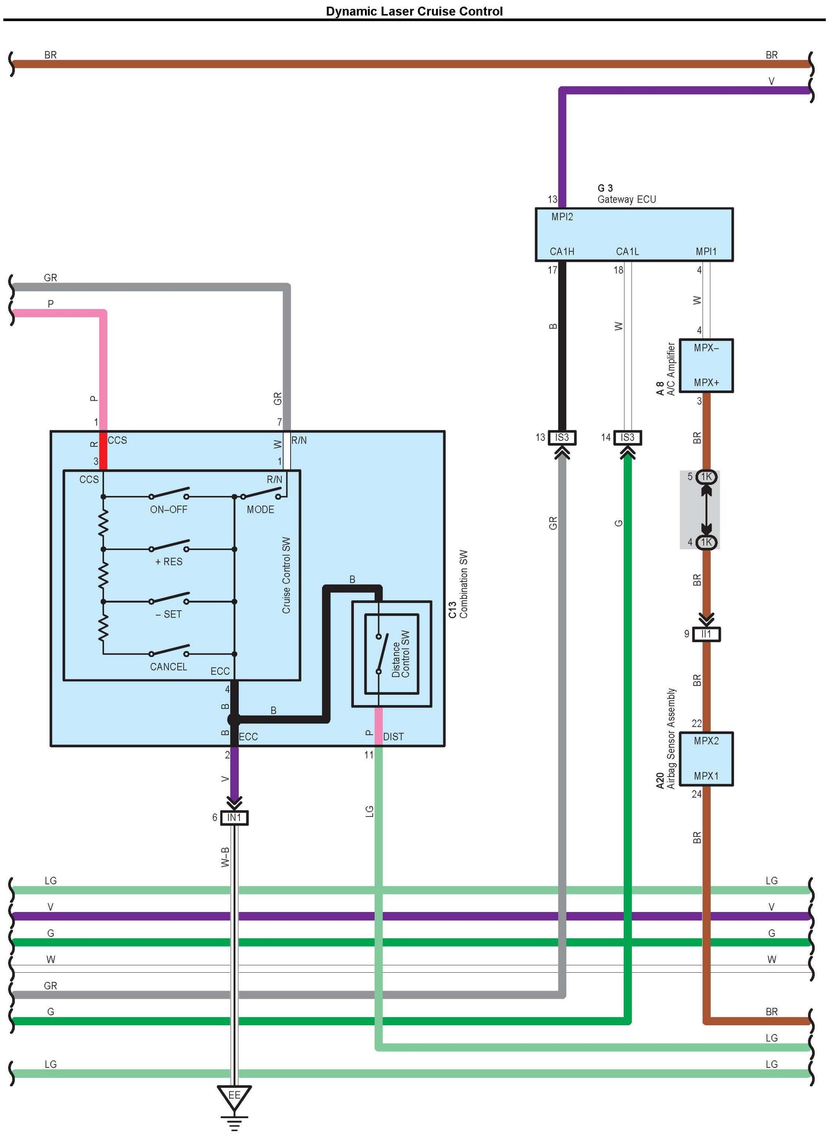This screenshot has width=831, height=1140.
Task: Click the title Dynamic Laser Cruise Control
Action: click(x=414, y=11)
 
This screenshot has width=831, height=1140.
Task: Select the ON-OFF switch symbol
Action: click(x=169, y=492)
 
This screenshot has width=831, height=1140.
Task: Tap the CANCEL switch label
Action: click(x=169, y=667)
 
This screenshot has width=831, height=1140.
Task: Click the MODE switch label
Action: click(x=260, y=510)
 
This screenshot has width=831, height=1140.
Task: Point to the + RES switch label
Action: click(x=169, y=562)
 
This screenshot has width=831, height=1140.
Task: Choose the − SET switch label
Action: click(x=169, y=614)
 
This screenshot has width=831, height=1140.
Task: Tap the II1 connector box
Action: click(x=706, y=634)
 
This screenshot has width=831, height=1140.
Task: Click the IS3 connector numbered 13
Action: click(x=562, y=438)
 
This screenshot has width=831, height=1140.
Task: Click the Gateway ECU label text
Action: click(x=626, y=200)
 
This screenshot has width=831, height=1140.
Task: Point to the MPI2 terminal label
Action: click(x=562, y=217)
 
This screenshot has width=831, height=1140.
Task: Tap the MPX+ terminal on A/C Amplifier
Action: click(x=706, y=382)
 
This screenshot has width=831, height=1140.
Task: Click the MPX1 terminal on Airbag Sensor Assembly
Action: click(x=706, y=776)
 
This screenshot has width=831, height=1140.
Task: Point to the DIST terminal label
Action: click(x=393, y=737)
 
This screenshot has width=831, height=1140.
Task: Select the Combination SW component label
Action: click(x=463, y=583)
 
